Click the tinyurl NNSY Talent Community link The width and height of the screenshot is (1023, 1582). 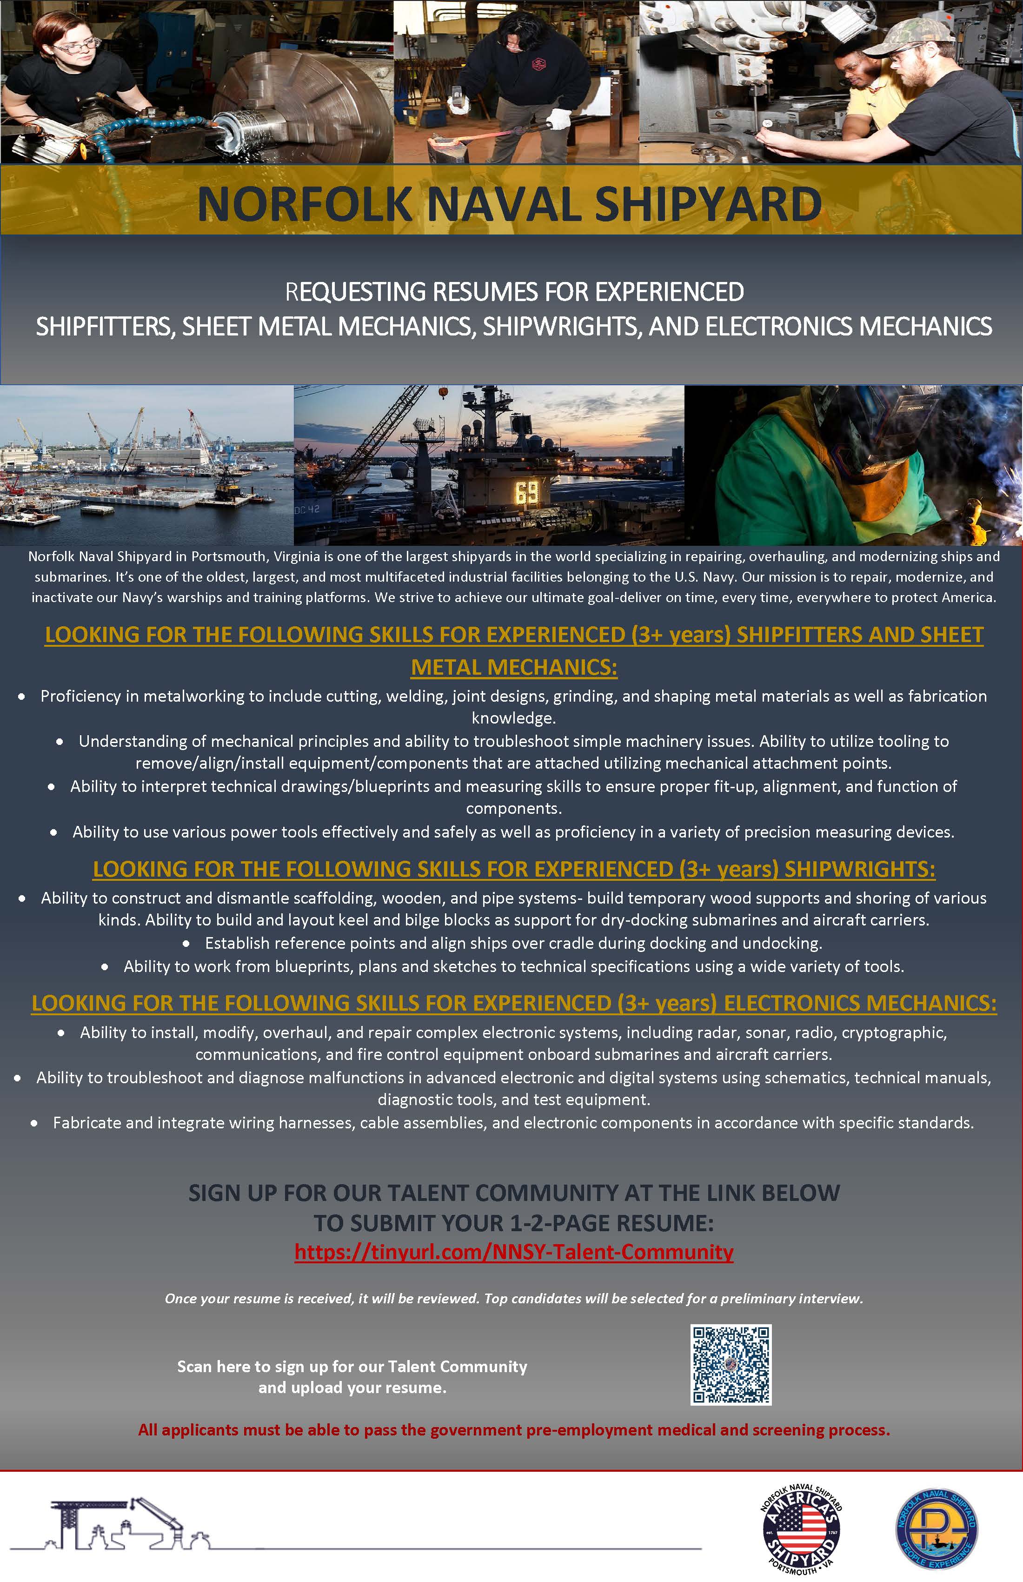point(513,1252)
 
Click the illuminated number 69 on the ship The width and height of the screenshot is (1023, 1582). point(527,493)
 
